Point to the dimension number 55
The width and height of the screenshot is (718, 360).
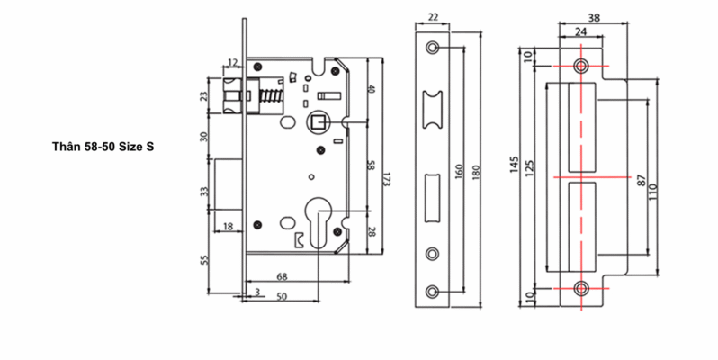[204, 261]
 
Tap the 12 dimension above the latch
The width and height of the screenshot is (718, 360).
[233, 62]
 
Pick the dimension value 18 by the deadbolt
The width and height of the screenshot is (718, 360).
[228, 225]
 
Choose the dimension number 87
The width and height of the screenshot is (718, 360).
[641, 180]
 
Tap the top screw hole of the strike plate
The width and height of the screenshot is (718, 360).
[581, 67]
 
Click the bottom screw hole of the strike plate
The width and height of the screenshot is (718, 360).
[581, 288]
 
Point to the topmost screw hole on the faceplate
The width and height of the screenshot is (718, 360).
[434, 46]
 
